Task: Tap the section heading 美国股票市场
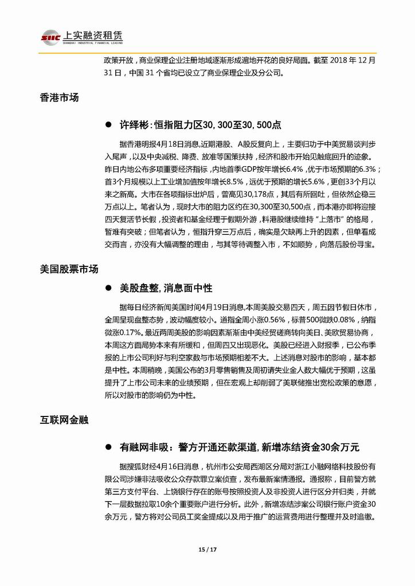point(69,269)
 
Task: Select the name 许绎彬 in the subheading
point(134,124)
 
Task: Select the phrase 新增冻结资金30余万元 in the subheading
point(310,446)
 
